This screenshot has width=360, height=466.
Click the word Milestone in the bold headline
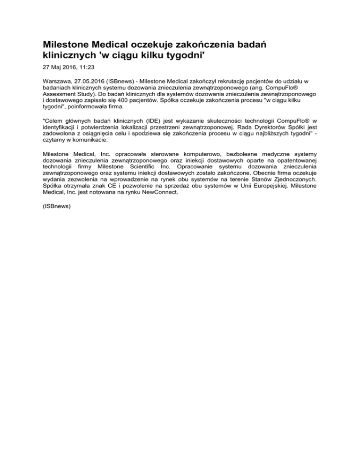[67, 45]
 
